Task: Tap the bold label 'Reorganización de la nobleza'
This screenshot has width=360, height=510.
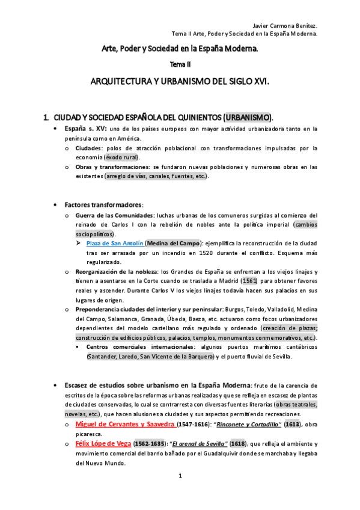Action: [114, 272]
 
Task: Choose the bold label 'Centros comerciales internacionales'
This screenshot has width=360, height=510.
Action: [129, 347]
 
